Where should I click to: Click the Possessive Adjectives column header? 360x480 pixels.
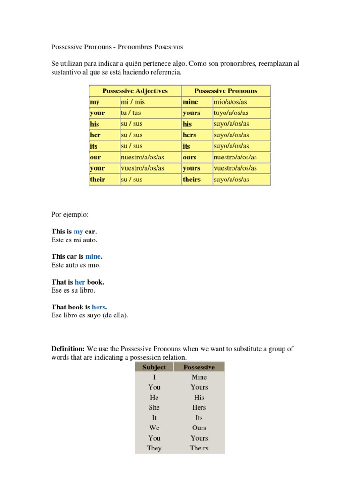(x=135, y=91)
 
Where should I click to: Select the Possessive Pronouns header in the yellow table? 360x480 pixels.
(x=226, y=91)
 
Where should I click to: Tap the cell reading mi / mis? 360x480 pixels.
(x=133, y=102)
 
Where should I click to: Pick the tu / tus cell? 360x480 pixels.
(x=132, y=113)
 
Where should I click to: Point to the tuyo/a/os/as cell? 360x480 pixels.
(x=232, y=113)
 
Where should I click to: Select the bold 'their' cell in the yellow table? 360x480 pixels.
(x=98, y=180)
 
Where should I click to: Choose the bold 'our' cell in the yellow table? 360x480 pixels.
(x=96, y=157)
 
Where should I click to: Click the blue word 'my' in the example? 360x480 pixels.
(x=78, y=232)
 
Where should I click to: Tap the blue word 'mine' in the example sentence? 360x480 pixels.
(x=93, y=257)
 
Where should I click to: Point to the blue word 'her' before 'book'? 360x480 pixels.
(x=80, y=282)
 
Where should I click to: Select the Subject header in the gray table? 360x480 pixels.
(x=154, y=367)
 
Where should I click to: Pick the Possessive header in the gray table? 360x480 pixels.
(x=199, y=367)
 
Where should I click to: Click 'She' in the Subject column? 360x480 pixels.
(x=154, y=407)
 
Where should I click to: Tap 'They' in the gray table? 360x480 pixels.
(x=154, y=448)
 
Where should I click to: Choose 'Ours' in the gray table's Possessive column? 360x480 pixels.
(x=199, y=427)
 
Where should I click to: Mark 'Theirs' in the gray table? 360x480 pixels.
(x=199, y=448)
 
